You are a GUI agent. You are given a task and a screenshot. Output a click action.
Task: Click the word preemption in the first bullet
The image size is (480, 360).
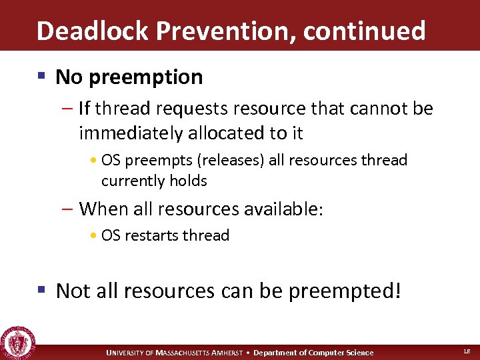[x=147, y=77]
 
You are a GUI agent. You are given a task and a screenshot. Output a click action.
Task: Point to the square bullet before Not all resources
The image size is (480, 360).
[x=42, y=290]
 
